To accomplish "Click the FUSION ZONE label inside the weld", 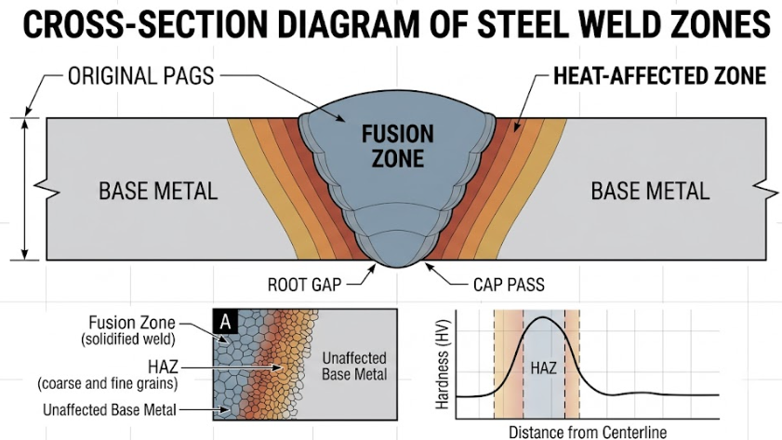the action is click(x=398, y=146).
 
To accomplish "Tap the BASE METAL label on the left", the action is click(x=158, y=191).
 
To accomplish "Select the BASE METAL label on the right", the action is click(x=650, y=191).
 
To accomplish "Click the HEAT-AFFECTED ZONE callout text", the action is click(x=660, y=76).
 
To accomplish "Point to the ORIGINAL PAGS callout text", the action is click(x=141, y=76).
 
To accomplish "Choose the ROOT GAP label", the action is click(x=305, y=285).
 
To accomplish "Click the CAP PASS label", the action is click(x=509, y=285).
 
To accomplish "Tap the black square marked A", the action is click(x=225, y=322).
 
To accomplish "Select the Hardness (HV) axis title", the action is click(x=443, y=364).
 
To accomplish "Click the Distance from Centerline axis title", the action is click(x=587, y=432).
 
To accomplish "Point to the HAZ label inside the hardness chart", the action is click(x=544, y=368).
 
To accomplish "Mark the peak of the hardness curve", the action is click(x=544, y=318).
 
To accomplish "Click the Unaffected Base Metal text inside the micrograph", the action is click(x=354, y=366).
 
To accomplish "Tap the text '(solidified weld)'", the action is click(x=128, y=340).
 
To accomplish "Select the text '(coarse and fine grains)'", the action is click(x=108, y=383).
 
